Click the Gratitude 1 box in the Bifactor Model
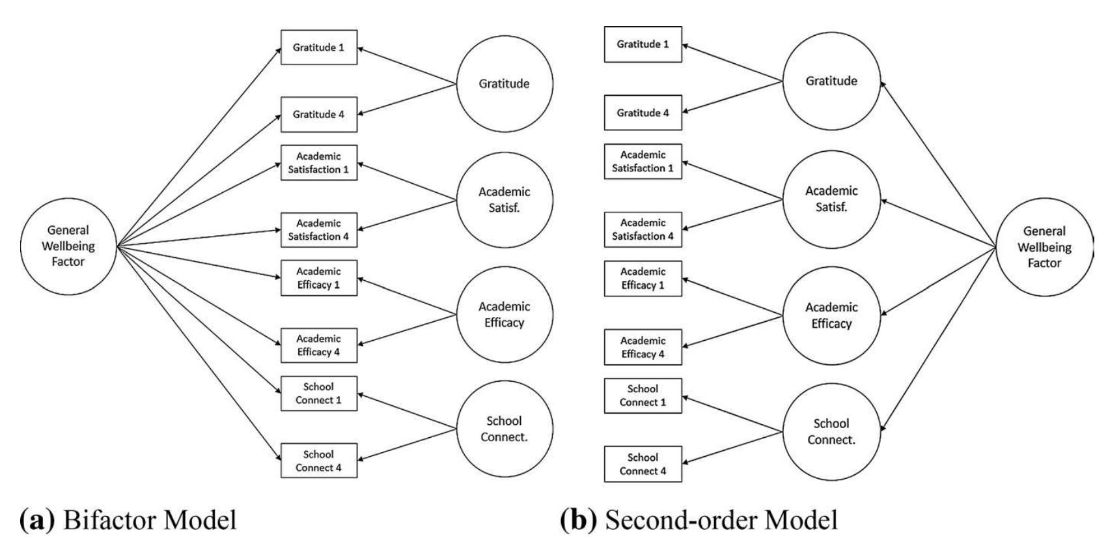318,47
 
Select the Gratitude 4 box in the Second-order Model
643,112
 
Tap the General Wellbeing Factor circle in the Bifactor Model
68,246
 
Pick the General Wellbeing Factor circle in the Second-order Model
1044,247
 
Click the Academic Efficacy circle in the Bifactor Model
504,314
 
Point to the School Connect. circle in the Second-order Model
831,431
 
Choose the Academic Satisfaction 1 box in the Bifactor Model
318,162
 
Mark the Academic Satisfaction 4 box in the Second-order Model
643,229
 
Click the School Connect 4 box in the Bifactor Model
318,461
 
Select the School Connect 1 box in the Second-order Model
643,395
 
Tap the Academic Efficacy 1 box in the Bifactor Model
318,278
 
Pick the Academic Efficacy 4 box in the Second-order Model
643,347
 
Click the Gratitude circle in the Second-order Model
831,81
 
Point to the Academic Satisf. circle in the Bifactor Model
504,199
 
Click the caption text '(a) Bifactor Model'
128,521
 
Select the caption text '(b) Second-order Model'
699,521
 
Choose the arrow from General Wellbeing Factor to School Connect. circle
937,339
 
